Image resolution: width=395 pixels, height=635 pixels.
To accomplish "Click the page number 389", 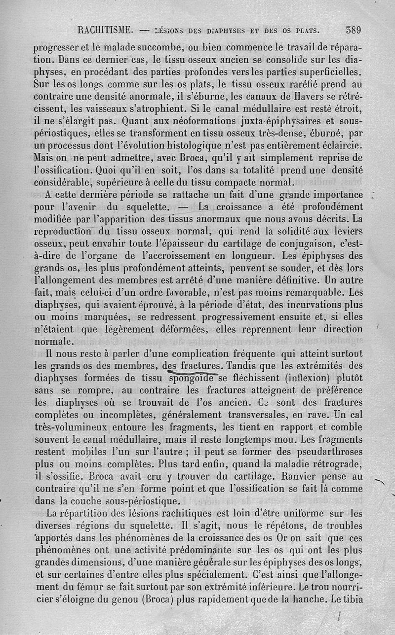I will pos(354,29).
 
